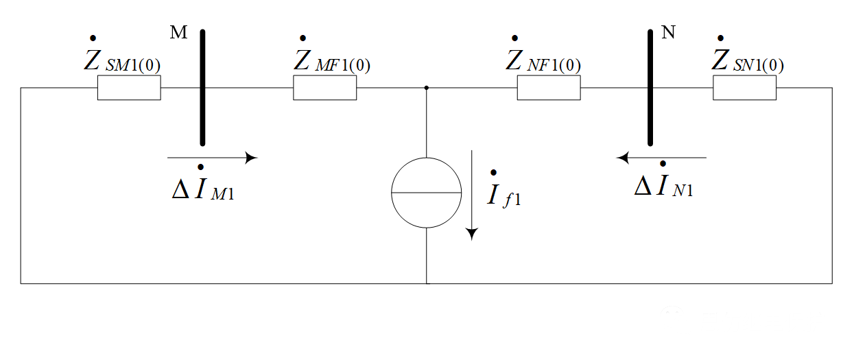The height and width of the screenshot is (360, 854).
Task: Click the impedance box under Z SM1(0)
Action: click(129, 88)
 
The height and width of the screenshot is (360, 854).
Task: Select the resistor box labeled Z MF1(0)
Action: click(324, 88)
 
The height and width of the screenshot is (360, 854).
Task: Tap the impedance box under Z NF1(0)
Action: click(549, 88)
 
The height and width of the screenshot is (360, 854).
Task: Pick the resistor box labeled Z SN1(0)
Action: click(744, 88)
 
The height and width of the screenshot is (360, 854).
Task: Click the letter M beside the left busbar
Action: click(178, 34)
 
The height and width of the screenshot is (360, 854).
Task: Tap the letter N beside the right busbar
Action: click(668, 34)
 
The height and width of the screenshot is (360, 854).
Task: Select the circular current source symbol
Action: click(427, 193)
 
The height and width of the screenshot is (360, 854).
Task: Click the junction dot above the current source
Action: click(427, 88)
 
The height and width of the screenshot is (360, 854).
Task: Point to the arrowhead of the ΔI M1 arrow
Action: click(252, 158)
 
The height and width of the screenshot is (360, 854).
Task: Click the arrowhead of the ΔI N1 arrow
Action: click(623, 158)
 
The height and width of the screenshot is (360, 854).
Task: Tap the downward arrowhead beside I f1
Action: click(471, 234)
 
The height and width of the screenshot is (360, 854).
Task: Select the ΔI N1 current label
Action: click(663, 184)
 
